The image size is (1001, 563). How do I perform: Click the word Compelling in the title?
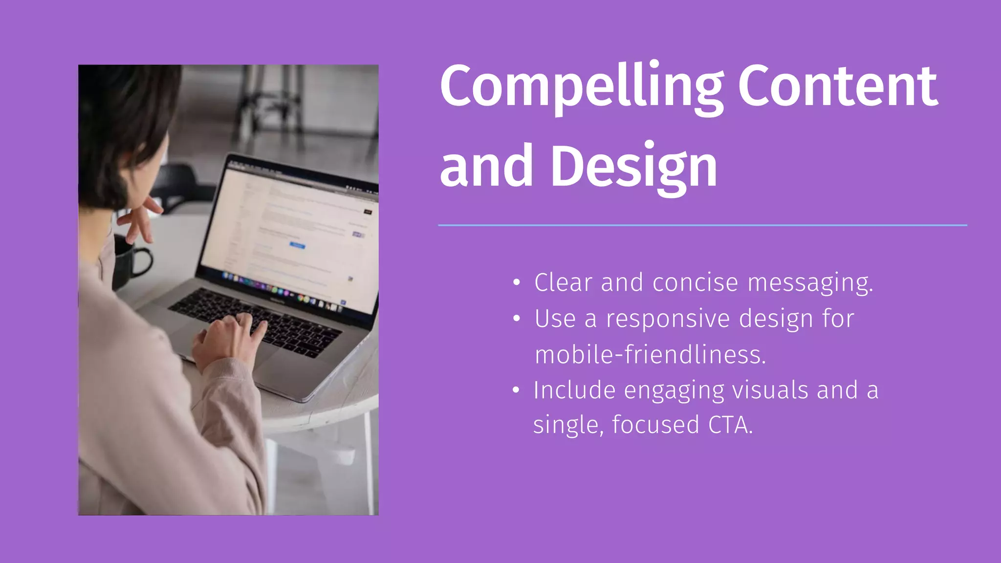[582, 87]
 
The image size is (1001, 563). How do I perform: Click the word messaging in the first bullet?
[810, 283]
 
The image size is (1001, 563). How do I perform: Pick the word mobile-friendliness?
[650, 354]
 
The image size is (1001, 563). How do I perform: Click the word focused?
[655, 425]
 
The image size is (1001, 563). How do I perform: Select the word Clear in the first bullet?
[563, 283]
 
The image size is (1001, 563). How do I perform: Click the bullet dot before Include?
[516, 390]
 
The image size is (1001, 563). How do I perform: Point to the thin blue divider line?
[702, 225]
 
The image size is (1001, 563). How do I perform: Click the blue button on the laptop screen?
[297, 245]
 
